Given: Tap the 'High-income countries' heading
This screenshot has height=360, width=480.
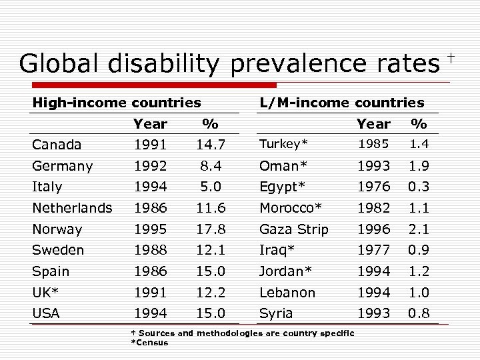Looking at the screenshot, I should click(117, 103).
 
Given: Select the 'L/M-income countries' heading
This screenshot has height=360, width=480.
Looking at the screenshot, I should click(342, 103).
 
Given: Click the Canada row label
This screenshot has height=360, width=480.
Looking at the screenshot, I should click(57, 145).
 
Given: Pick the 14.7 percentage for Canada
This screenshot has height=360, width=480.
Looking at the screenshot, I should click(211, 145).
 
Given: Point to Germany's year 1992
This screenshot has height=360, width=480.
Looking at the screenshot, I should click(150, 166).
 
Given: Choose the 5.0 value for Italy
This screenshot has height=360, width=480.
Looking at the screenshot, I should click(211, 187).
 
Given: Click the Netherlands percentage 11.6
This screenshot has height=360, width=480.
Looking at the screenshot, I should click(211, 208).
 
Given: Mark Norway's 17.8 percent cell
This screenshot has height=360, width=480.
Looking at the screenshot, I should click(211, 229).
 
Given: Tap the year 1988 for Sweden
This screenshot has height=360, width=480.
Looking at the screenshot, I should click(150, 250).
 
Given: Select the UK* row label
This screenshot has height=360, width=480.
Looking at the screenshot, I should click(46, 293).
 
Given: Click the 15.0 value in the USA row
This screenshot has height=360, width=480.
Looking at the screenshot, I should click(211, 313).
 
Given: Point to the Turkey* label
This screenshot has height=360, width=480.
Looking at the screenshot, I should click(283, 145).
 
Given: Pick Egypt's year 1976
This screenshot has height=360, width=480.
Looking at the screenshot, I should click(373, 187).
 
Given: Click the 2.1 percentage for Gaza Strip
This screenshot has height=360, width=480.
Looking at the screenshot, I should click(419, 229).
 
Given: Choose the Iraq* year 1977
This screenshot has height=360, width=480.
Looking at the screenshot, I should click(373, 250).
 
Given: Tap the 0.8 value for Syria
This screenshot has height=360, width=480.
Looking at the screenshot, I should click(419, 313).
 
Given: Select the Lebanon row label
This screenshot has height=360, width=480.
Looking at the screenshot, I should click(287, 293).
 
